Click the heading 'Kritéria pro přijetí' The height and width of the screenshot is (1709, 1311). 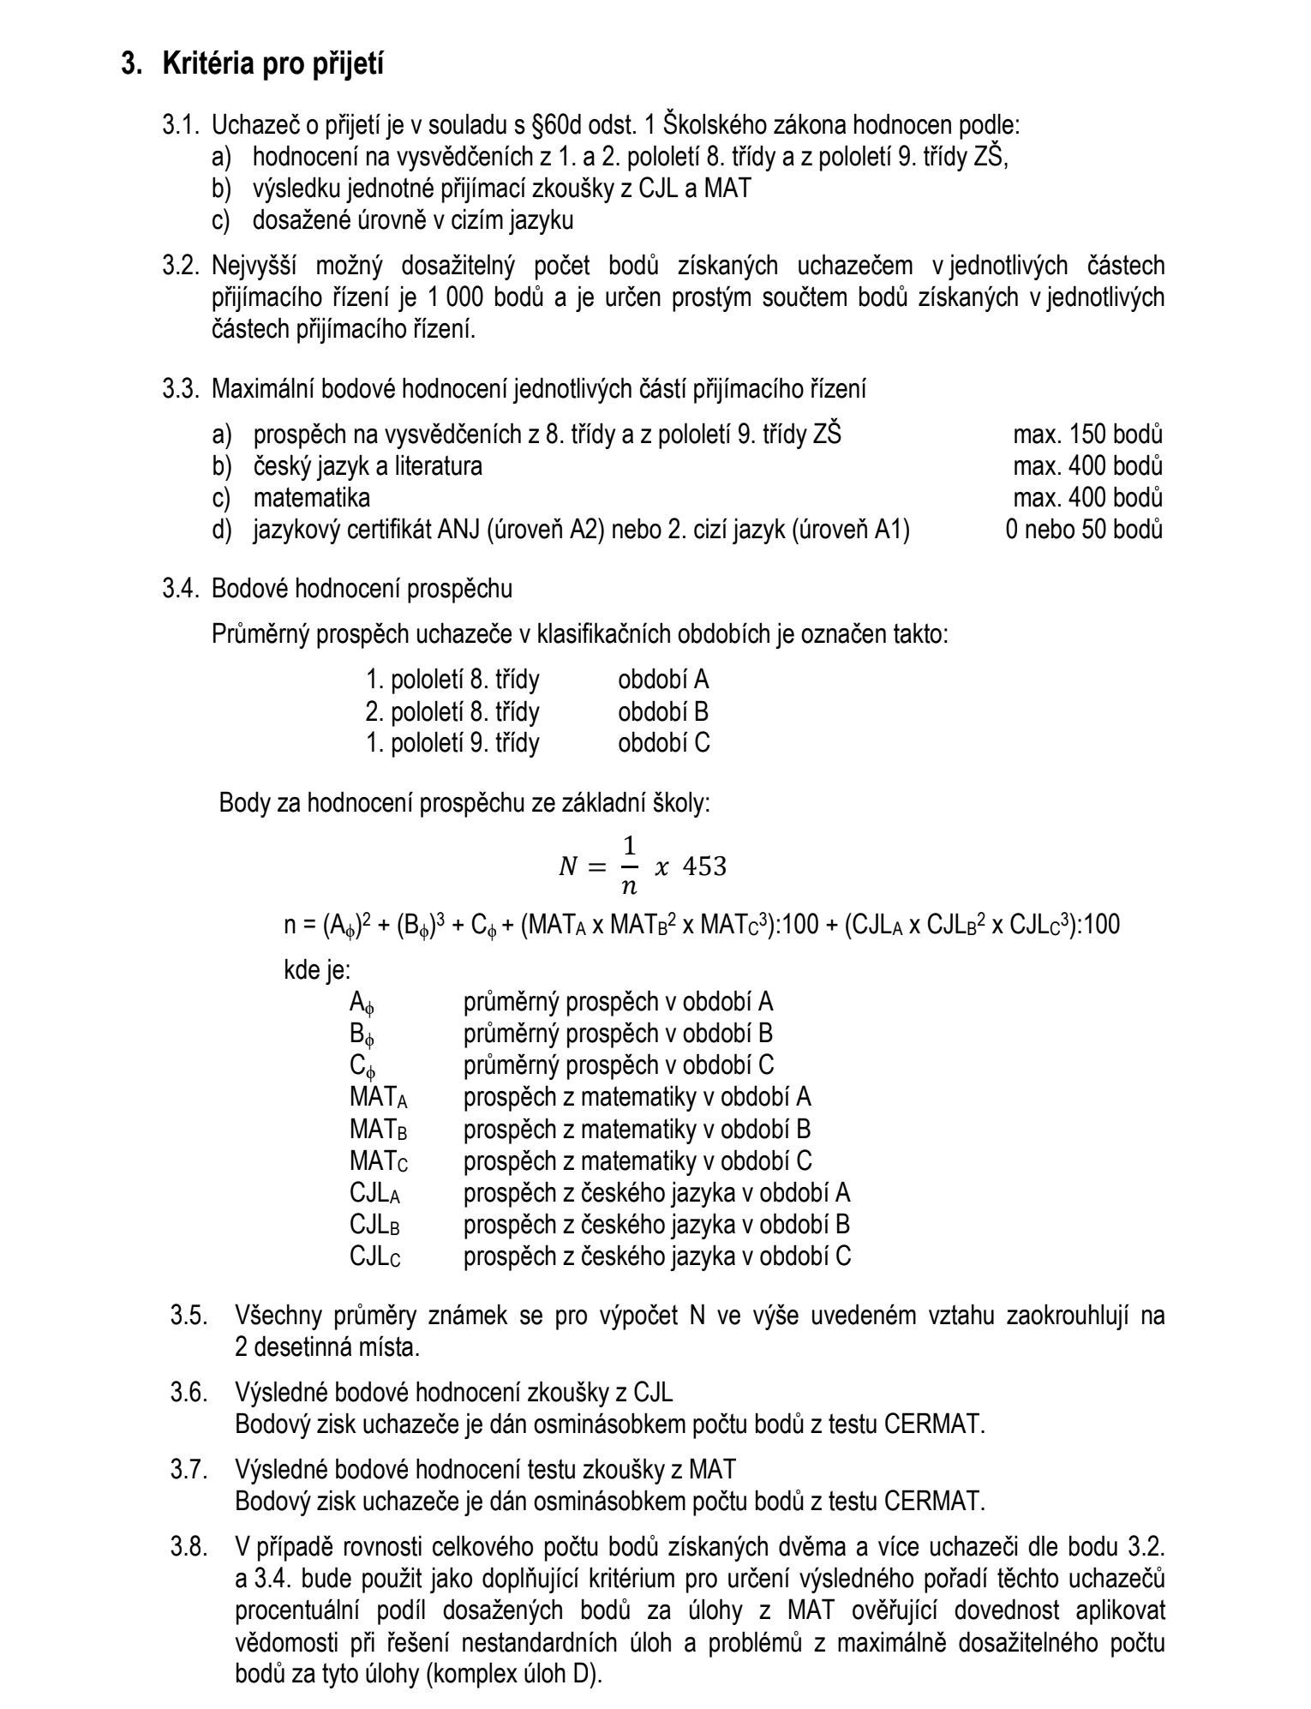tap(272, 64)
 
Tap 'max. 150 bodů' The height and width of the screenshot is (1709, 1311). tap(1087, 435)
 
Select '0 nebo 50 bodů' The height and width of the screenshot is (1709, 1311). tap(1084, 530)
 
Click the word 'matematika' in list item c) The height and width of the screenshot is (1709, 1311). tap(312, 498)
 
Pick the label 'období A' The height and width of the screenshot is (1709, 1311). tap(663, 681)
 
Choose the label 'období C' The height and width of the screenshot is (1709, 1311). tap(664, 742)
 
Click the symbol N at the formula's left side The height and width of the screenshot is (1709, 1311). tap(568, 867)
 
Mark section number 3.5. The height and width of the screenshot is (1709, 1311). tap(189, 1316)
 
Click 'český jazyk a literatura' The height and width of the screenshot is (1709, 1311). tap(368, 466)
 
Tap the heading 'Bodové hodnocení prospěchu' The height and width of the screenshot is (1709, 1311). tap(362, 590)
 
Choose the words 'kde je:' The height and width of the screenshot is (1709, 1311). tap(316, 970)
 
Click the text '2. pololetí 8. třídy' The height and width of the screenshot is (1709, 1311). tap(452, 711)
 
